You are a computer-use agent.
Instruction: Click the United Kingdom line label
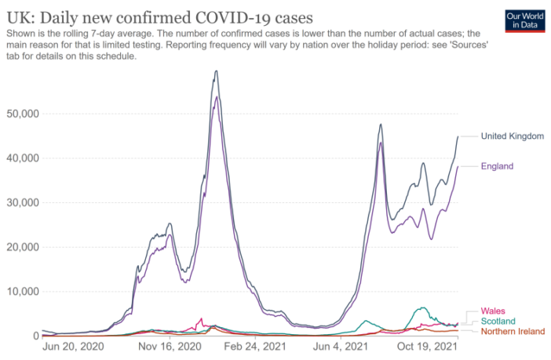[x=512, y=136]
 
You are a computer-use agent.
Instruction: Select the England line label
[x=497, y=166]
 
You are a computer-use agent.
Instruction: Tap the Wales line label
[x=492, y=311]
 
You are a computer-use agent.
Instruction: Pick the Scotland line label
[x=498, y=321]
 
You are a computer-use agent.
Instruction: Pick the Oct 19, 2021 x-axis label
[x=428, y=347]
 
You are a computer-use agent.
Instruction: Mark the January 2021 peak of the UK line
[x=216, y=71]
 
